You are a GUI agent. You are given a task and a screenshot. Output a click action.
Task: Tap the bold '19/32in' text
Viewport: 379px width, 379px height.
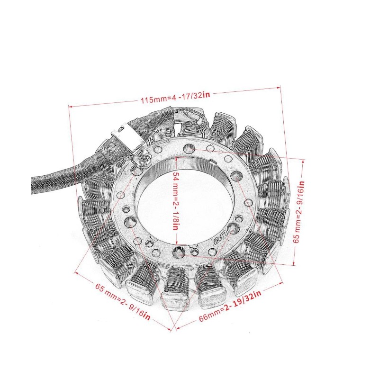pos(244,303)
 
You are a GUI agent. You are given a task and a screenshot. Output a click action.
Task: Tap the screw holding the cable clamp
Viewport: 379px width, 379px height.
pos(142,153)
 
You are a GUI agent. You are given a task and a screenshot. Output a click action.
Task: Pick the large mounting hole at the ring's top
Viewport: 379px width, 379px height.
pos(189,148)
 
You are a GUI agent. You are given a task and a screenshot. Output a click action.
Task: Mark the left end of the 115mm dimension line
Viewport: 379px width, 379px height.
pos(70,107)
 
